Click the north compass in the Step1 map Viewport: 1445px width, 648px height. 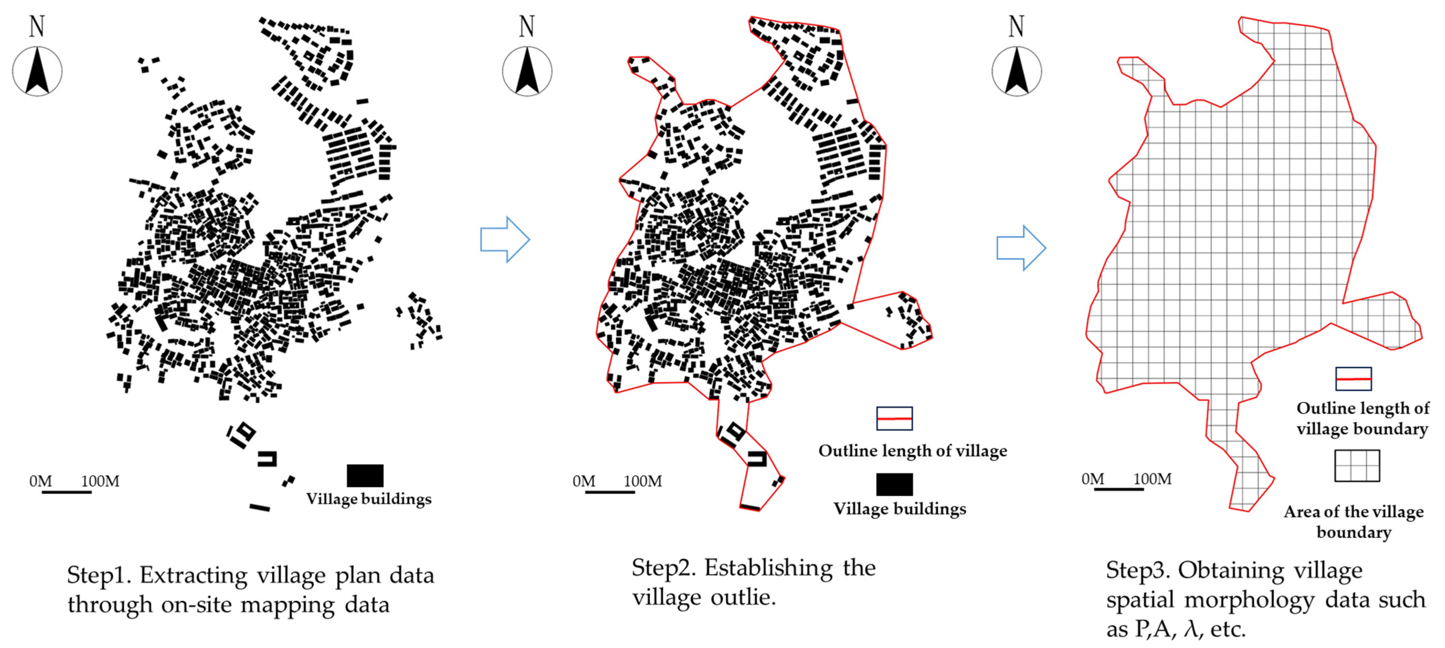coord(37,71)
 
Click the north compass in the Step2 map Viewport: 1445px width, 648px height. coord(527,71)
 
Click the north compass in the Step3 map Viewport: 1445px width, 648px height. coord(1017,71)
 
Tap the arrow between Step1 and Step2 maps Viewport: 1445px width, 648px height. coord(505,240)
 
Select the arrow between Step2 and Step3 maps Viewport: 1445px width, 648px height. coord(1021,248)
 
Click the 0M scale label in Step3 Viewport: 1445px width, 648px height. coord(1093,479)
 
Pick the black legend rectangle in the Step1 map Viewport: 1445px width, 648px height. coord(365,475)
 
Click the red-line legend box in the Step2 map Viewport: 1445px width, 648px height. coord(894,418)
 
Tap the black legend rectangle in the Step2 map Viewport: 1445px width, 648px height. coord(894,484)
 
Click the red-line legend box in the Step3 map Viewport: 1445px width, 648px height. coord(1353,379)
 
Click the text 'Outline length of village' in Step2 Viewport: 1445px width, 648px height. coord(912,451)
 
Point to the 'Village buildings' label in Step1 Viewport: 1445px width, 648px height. coord(368,499)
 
